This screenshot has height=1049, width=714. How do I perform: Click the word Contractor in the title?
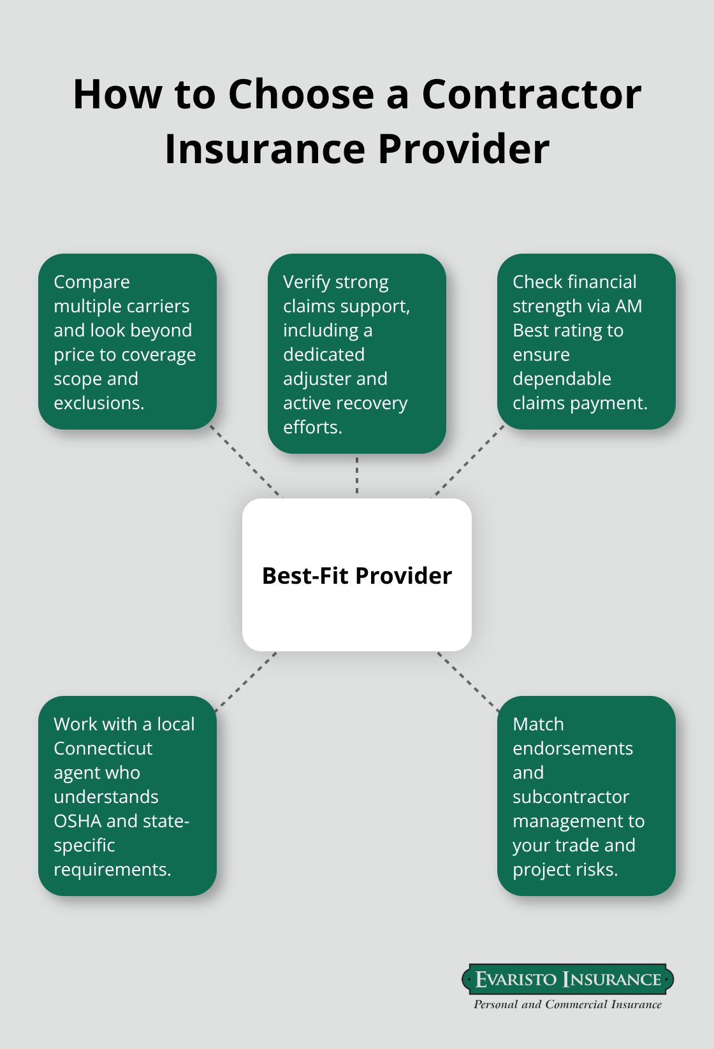pyautogui.click(x=531, y=94)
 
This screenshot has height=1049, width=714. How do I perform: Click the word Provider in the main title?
pyautogui.click(x=463, y=149)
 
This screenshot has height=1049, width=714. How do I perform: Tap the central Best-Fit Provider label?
pyautogui.click(x=356, y=575)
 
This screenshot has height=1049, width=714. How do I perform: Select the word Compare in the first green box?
pyautogui.click(x=92, y=282)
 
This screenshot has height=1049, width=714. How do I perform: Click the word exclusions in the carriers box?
pyautogui.click(x=98, y=403)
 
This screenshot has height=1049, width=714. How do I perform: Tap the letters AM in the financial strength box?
pyautogui.click(x=628, y=306)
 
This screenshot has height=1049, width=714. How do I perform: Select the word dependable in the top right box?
pyautogui.click(x=562, y=379)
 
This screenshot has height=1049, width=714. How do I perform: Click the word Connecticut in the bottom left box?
pyautogui.click(x=103, y=748)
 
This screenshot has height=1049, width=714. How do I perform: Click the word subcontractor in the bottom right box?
pyautogui.click(x=571, y=797)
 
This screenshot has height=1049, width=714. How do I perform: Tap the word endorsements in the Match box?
pyautogui.click(x=572, y=748)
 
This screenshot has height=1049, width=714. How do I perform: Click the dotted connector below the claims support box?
pyautogui.click(x=357, y=475)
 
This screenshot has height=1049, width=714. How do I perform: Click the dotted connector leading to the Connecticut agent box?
pyautogui.click(x=246, y=681)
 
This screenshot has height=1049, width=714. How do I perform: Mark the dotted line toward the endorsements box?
pyautogui.click(x=468, y=681)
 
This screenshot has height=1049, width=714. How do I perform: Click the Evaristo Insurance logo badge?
pyautogui.click(x=567, y=979)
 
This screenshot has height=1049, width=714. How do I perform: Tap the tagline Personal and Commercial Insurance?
pyautogui.click(x=567, y=1004)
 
